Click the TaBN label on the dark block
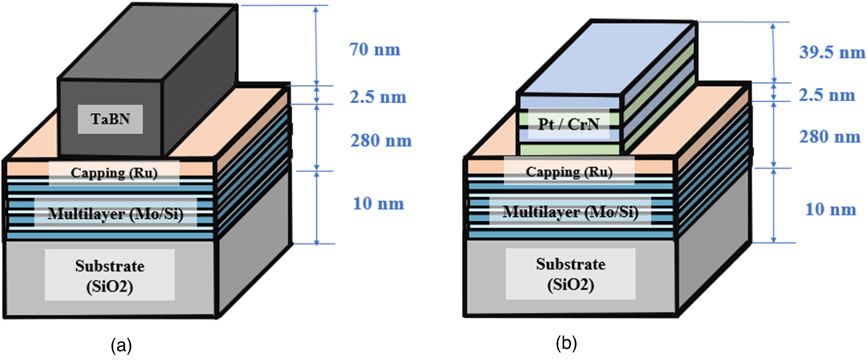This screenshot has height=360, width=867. [110, 119]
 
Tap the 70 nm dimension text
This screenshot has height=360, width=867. [375, 50]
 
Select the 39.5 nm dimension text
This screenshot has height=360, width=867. [832, 52]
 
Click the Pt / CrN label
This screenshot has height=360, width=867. [569, 124]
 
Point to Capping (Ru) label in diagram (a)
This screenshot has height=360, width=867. [114, 173]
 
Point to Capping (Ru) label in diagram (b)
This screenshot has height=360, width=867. [569, 172]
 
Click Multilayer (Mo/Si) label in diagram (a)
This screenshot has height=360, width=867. [115, 214]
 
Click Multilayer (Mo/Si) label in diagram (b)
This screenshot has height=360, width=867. [570, 212]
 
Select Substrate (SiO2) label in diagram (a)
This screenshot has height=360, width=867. [110, 276]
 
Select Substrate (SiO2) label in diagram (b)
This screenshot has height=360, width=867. [570, 274]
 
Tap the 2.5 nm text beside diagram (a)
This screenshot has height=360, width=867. [378, 97]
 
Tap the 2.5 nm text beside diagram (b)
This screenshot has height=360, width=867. [827, 95]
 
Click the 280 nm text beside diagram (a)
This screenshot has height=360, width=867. [381, 141]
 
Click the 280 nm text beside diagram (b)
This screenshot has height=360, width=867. [829, 136]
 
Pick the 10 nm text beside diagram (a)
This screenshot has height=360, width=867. [378, 204]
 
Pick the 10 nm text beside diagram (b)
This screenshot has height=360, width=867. [831, 209]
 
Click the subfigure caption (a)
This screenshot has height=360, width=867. [121, 346]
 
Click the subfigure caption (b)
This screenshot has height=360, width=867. [566, 343]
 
